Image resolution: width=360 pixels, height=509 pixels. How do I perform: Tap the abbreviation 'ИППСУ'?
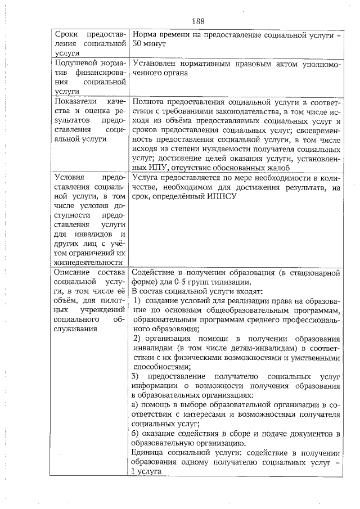click(x=223, y=197)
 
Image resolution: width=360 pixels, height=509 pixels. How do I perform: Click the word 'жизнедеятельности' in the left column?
click(x=87, y=262)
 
